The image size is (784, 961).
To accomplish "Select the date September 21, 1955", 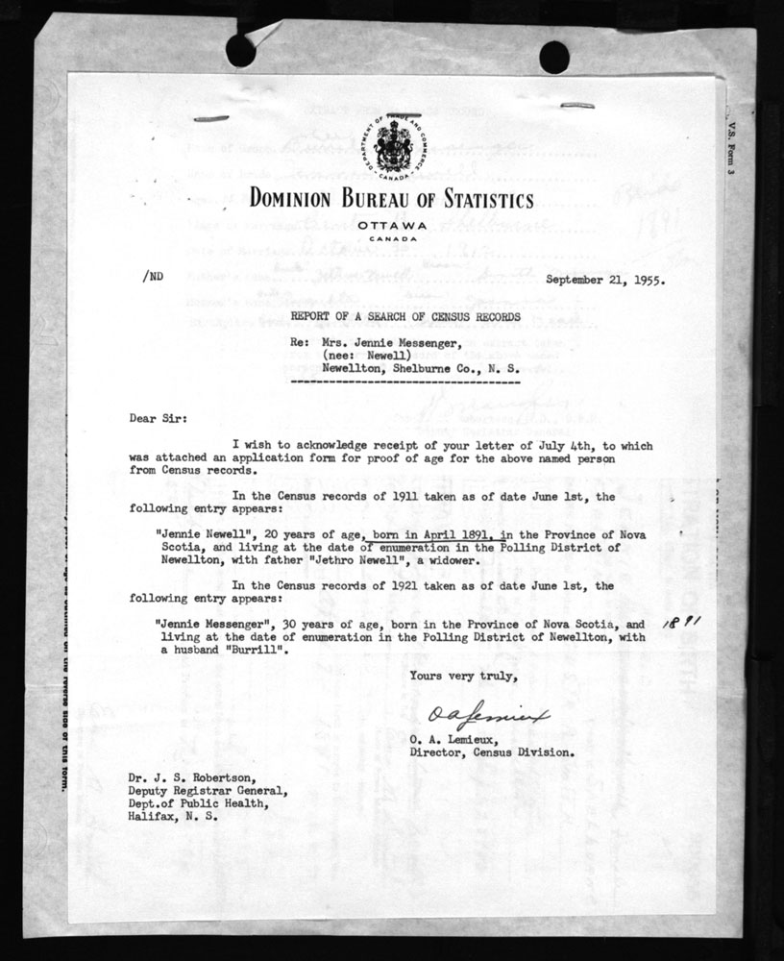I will point(606,281).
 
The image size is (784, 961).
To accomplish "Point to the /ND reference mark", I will point(152,275).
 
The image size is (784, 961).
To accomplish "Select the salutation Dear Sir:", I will point(157,419).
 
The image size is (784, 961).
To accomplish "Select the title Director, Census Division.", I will point(492,752).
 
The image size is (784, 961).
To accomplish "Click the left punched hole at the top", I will point(240,51).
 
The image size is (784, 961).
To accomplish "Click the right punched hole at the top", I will point(553,57).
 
